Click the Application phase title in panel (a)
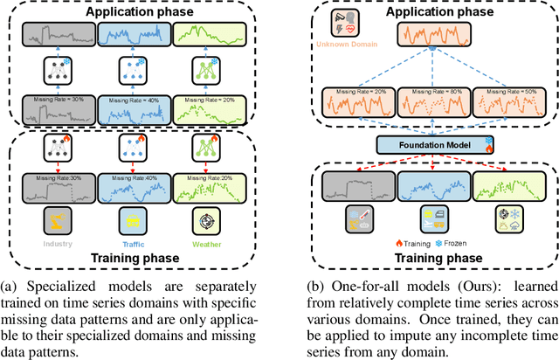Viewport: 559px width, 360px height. (x=135, y=12)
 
